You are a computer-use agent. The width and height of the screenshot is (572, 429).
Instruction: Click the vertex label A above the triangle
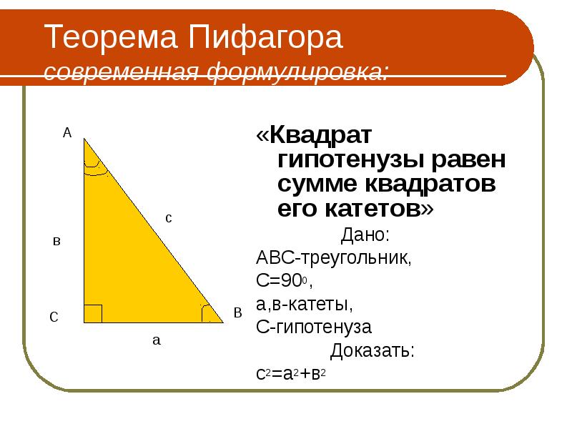pyautogui.click(x=67, y=132)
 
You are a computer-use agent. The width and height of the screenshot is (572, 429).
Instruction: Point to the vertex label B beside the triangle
pyautogui.click(x=238, y=312)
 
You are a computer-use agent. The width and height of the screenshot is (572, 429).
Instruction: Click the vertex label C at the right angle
pyautogui.click(x=54, y=318)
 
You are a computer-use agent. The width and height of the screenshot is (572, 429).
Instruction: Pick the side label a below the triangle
pyautogui.click(x=157, y=340)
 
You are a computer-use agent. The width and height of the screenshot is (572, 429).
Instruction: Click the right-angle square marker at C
pyautogui.click(x=93, y=314)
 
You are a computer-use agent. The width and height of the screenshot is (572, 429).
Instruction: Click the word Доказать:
pyautogui.click(x=372, y=351)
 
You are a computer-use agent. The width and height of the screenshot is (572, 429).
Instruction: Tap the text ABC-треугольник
pyautogui.click(x=333, y=257)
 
